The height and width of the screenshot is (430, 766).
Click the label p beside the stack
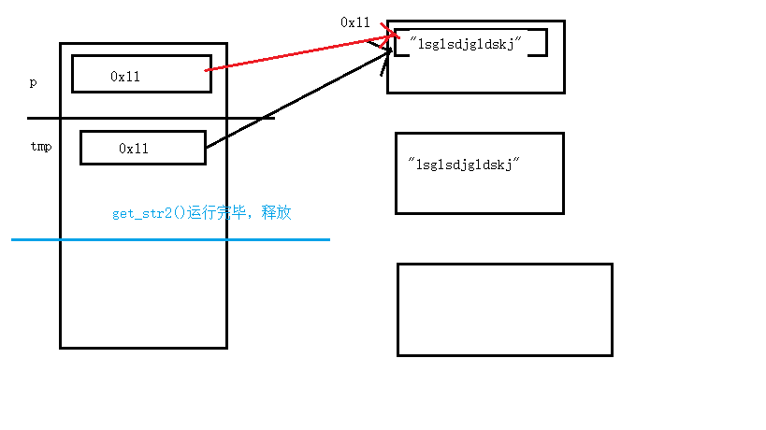coord(33,82)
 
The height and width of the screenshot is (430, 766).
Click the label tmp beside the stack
coord(40,147)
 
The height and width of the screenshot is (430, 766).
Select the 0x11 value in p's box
coord(124,77)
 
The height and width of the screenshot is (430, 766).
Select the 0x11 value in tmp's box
coord(133,148)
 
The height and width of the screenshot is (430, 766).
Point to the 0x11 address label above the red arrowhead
coord(355,21)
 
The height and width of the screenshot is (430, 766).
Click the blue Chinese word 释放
coord(277,213)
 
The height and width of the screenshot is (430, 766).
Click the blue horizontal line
coord(168,239)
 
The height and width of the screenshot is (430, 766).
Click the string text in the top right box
coord(458,43)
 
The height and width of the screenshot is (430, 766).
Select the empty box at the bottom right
coord(504,309)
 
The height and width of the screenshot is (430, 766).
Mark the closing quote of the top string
coord(517,38)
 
